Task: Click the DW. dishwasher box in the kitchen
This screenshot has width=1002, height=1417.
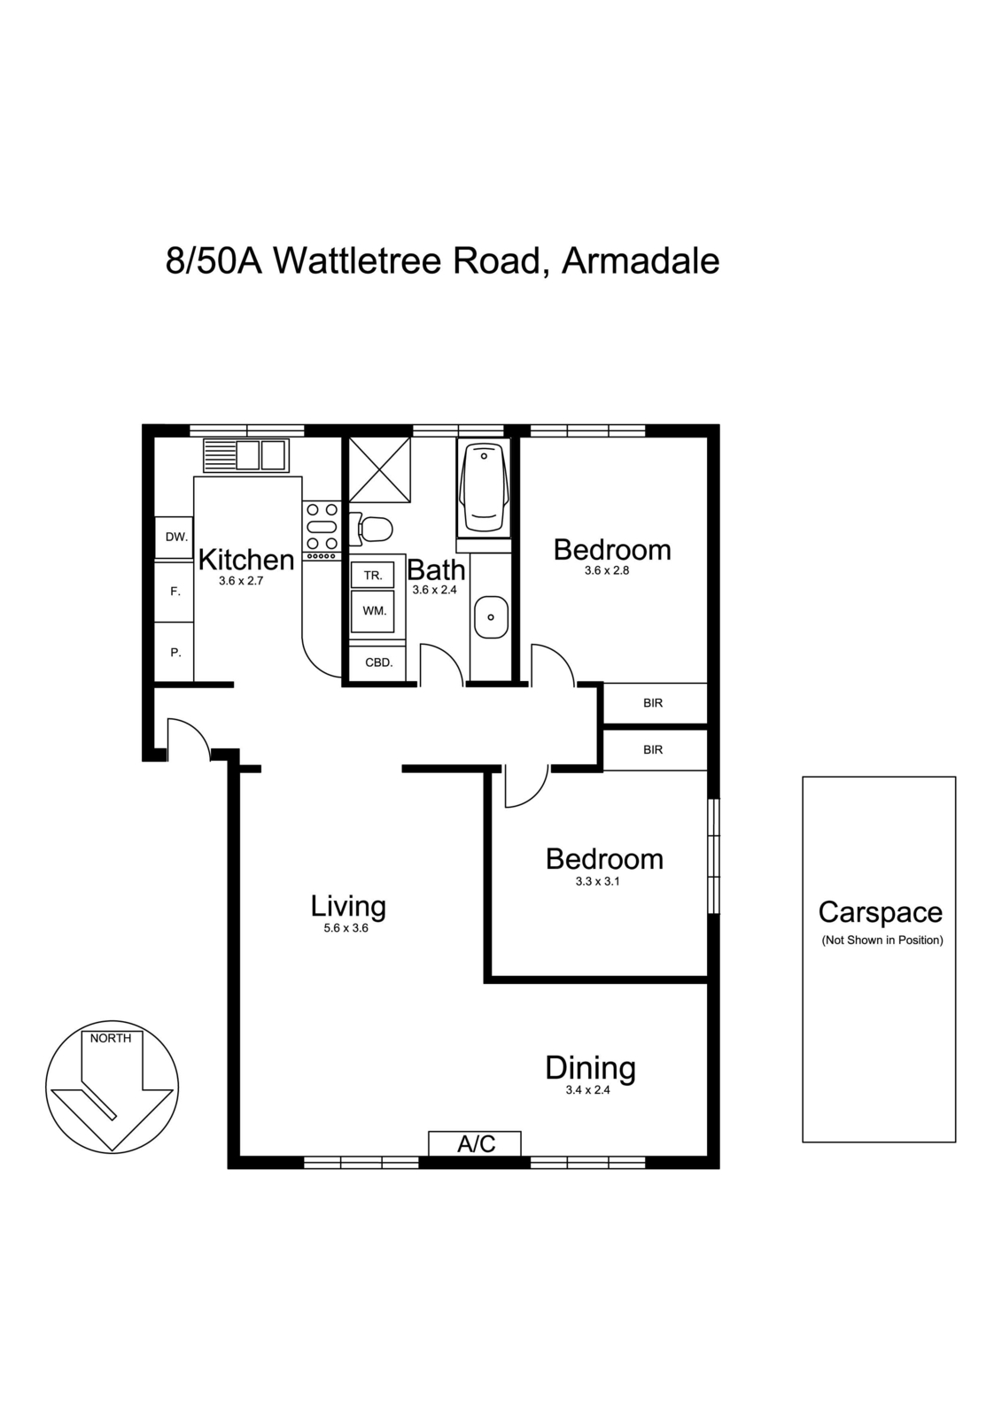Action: pos(175,537)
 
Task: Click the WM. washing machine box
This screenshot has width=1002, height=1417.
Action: pos(373,610)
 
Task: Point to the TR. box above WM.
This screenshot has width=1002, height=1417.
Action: pos(373,575)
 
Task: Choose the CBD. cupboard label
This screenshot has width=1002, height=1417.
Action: pos(379,662)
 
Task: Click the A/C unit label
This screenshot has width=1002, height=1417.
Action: pos(476,1144)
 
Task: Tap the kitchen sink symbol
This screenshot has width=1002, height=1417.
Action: pos(245,455)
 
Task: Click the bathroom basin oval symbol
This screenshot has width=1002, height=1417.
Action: pos(490,616)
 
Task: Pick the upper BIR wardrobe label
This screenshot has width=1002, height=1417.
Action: pos(653,703)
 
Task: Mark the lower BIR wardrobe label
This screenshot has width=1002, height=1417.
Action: pos(653,749)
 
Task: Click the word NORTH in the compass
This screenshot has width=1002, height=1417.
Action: pos(111,1038)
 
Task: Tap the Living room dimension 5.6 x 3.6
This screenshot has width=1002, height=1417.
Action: pos(346,928)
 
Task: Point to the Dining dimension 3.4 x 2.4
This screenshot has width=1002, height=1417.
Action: pos(588,1090)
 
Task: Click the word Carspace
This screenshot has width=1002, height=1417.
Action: pos(880,912)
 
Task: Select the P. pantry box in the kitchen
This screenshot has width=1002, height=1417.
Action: pos(175,653)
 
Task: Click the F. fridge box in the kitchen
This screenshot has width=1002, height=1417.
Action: pos(175,592)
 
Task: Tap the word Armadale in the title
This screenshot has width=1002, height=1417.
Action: pos(641,261)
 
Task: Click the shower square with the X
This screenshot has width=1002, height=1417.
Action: pos(379,468)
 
